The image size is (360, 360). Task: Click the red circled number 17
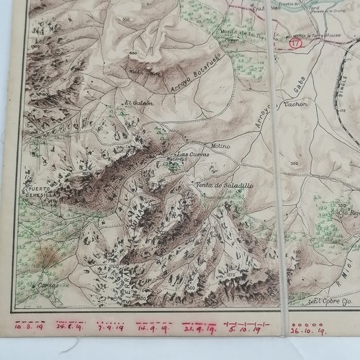point(293,43)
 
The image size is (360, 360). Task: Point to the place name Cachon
point(296,104)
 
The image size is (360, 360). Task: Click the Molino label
point(220,145)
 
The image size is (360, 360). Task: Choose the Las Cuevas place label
point(192,155)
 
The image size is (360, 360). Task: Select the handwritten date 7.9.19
point(110,327)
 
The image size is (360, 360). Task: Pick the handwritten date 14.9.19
point(150,328)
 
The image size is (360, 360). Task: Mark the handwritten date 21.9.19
point(199,329)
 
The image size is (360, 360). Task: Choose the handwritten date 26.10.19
point(308,332)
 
